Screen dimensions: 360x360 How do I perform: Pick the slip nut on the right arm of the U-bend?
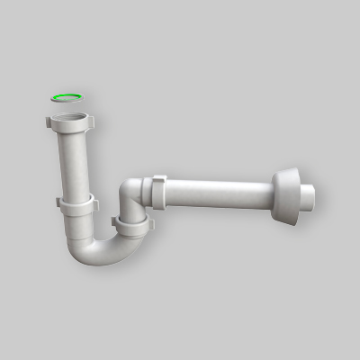coord(132,222)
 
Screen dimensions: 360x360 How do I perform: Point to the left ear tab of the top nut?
coord(49,120)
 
